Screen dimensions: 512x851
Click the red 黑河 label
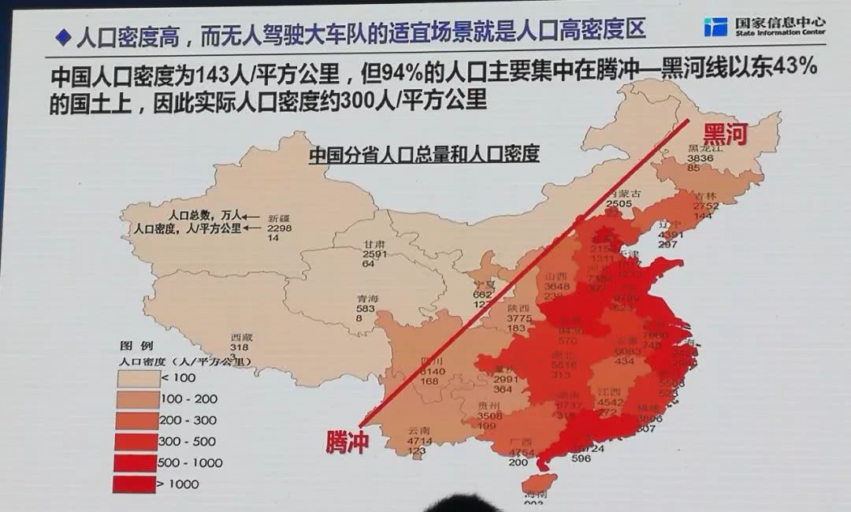coord(723,133)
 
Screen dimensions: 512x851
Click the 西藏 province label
coord(240,336)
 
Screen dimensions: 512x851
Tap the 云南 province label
coord(418,432)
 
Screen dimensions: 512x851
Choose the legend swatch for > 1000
coord(135,484)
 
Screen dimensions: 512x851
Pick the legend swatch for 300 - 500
coord(135,442)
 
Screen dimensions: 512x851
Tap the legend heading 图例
coord(131,346)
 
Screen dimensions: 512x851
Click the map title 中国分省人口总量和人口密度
coord(423,154)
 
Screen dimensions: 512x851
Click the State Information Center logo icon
coord(715,27)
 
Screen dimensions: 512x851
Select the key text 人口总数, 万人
coord(202,214)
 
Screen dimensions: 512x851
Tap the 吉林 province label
coord(706,196)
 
